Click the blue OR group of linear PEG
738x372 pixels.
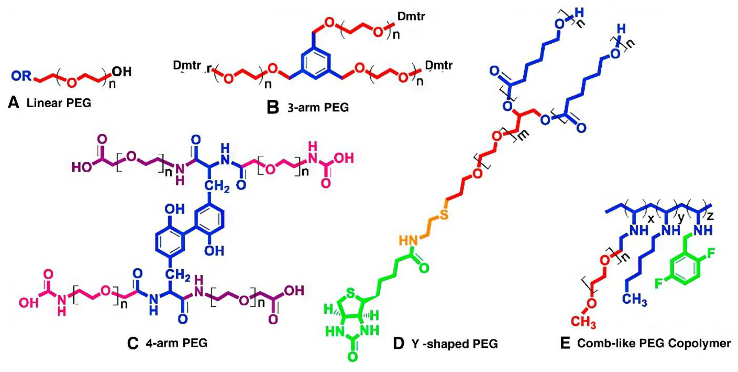click(x=21, y=76)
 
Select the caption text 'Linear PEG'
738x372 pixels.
click(x=59, y=103)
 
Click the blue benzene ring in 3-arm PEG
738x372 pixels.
click(x=315, y=64)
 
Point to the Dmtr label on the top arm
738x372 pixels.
click(x=411, y=17)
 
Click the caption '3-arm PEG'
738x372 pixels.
click(x=318, y=108)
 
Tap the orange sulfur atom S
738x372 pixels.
click(x=444, y=214)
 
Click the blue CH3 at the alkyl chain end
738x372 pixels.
click(x=636, y=300)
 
